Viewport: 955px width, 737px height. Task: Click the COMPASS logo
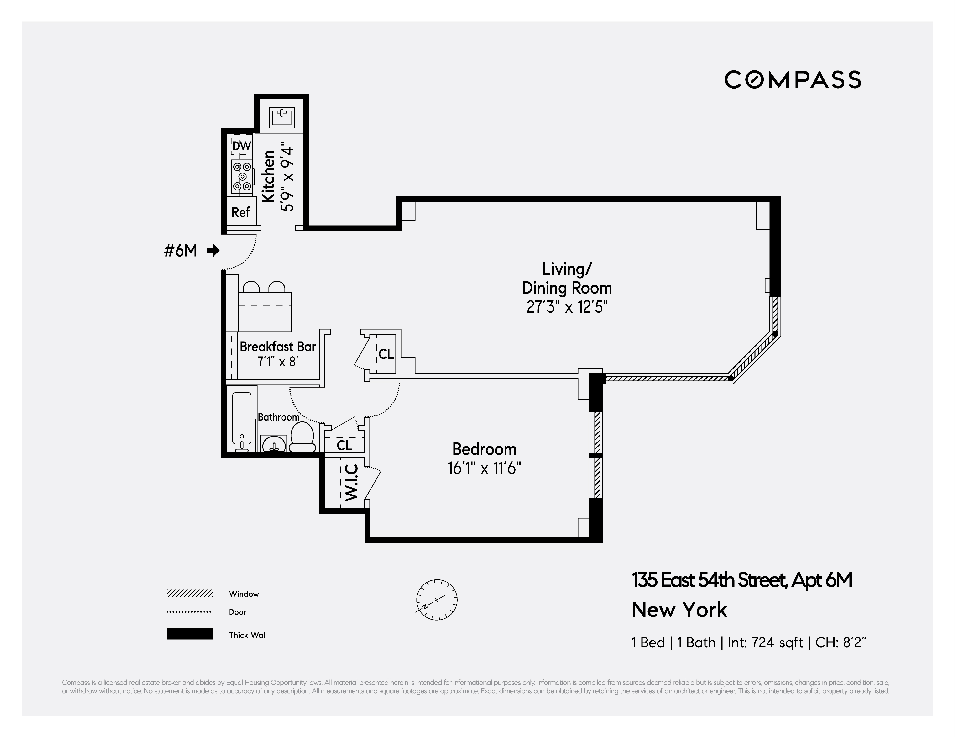pos(792,80)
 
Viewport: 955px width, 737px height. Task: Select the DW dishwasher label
pos(241,146)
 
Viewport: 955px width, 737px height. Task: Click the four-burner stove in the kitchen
pos(242,176)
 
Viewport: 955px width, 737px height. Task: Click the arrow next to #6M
pos(213,251)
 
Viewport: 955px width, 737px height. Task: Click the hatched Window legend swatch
pos(189,594)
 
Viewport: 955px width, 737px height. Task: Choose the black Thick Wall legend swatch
pos(189,634)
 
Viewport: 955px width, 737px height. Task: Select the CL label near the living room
pos(386,354)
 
